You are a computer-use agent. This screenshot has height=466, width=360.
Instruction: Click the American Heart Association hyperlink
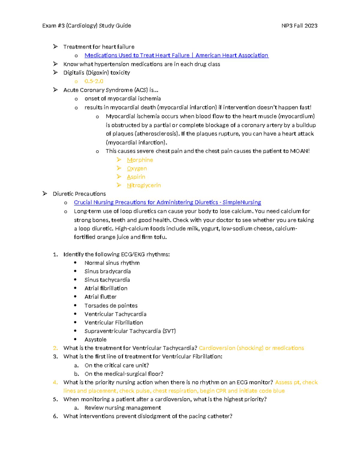pos(176,56)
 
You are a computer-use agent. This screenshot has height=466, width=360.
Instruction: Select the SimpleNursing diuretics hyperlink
pos(167,203)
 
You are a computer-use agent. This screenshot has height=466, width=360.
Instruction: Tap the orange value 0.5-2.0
pos(94,81)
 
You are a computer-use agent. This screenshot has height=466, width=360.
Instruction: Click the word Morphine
pos(140,160)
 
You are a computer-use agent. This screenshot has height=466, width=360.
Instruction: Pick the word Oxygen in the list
pos(137,169)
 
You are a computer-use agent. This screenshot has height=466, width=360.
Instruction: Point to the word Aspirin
pos(136,177)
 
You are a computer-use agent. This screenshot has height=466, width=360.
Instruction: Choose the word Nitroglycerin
pos(144,185)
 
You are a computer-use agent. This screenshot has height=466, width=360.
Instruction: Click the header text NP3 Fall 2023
pos(299,26)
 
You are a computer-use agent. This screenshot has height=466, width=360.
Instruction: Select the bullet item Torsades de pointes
pos(111,306)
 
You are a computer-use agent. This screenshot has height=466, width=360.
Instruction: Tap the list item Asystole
pos(95,340)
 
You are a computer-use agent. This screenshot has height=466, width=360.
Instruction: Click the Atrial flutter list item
pos(100,297)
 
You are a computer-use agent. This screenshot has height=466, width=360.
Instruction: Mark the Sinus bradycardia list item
pos(107,272)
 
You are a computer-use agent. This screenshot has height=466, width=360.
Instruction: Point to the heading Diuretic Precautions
pos(79,194)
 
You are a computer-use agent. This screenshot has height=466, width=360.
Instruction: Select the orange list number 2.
pos(55,348)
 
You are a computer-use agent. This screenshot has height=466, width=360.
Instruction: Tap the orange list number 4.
pos(55,383)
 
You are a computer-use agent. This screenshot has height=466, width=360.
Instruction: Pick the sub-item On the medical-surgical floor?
pos(124,374)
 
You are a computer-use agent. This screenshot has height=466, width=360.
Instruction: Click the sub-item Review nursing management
pos(123,408)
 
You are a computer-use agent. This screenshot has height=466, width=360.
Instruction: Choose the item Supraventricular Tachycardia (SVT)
pos(130,331)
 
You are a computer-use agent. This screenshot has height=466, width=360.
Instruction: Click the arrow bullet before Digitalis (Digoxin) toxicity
pos(55,73)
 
